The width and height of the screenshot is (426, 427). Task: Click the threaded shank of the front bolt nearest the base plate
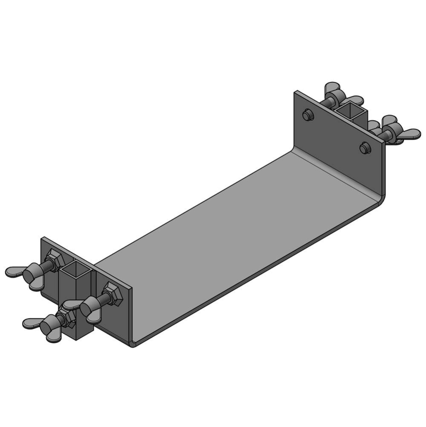[102, 299]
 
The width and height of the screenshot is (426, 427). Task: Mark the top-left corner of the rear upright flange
[296, 91]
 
